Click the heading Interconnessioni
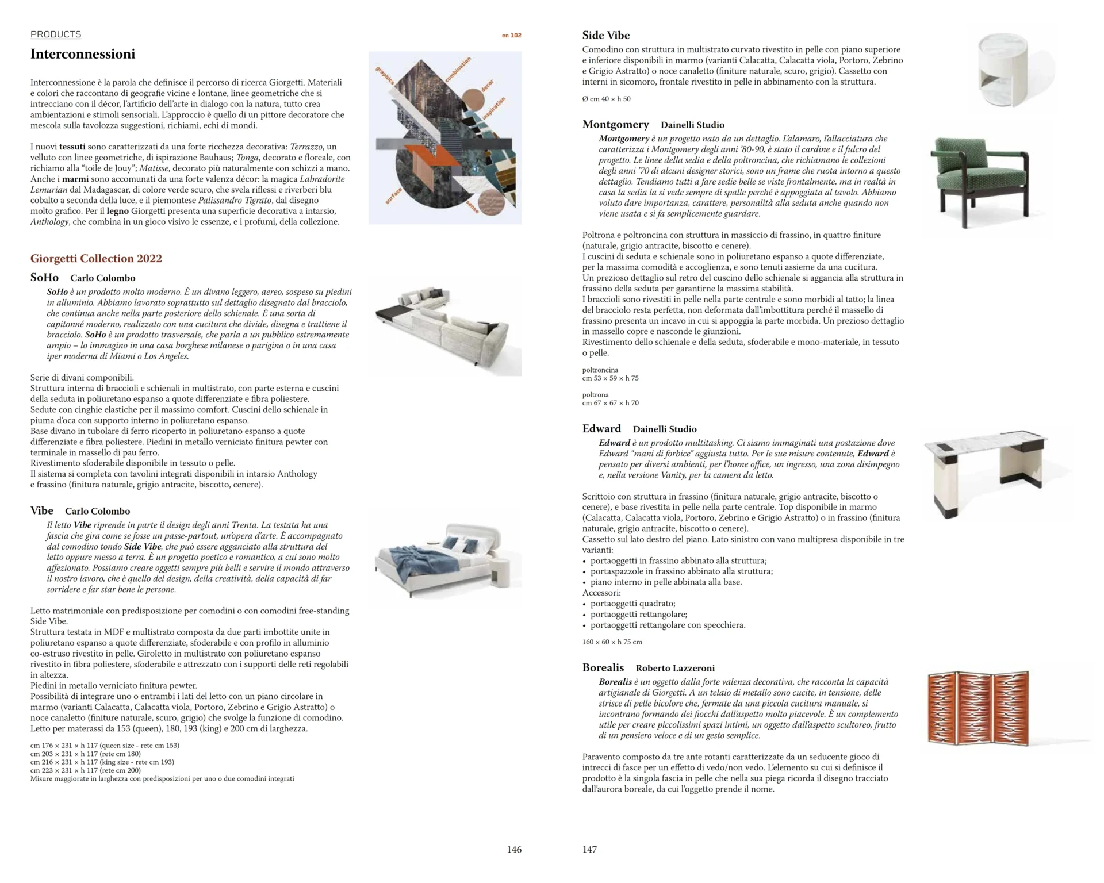click(x=83, y=54)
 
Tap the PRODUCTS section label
click(x=56, y=34)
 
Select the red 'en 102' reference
click(x=511, y=36)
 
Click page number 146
click(x=514, y=849)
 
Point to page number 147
click(x=589, y=849)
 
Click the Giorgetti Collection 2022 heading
click(x=96, y=258)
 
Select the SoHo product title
click(x=44, y=278)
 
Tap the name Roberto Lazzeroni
click(x=675, y=668)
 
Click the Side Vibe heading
click(x=605, y=36)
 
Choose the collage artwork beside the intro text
click(x=445, y=138)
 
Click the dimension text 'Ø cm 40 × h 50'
click(x=606, y=99)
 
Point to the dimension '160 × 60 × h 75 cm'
click(x=612, y=642)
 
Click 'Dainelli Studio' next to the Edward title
click(x=664, y=429)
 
